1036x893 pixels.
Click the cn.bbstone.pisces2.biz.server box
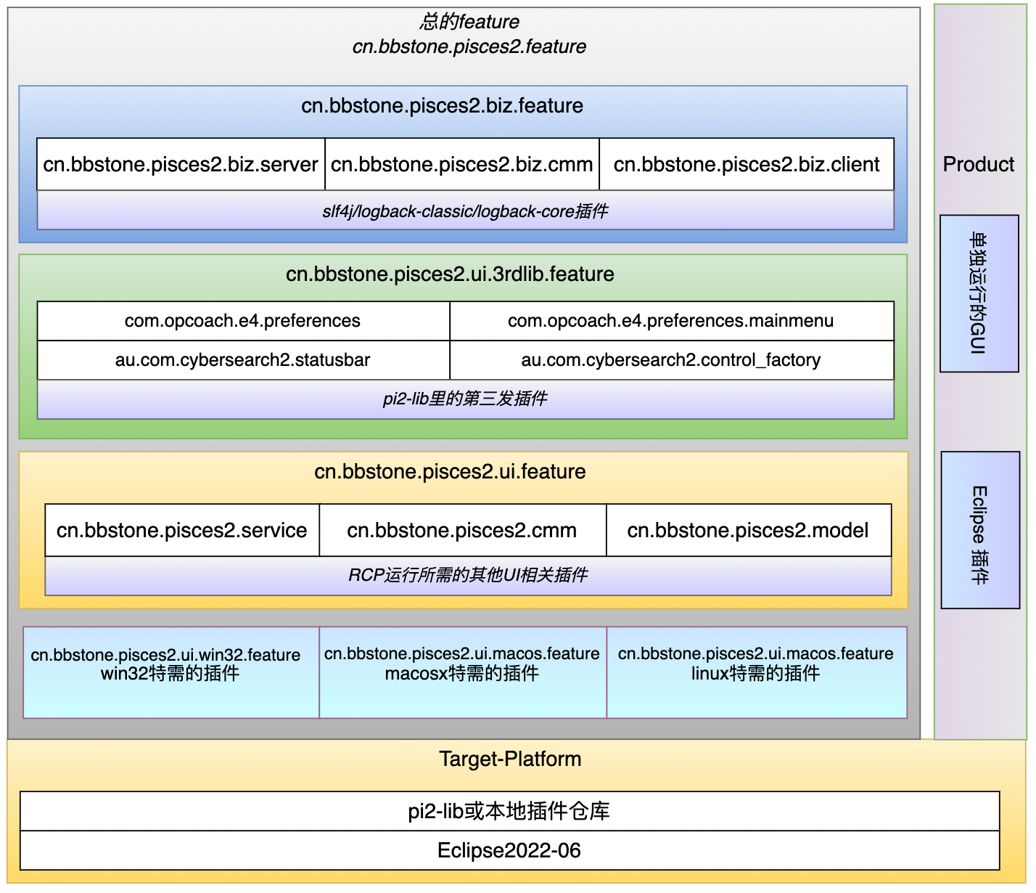(x=181, y=165)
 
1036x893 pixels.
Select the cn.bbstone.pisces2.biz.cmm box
(x=462, y=165)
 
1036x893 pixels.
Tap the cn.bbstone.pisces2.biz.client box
(x=747, y=165)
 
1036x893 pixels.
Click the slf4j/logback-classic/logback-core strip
(x=465, y=211)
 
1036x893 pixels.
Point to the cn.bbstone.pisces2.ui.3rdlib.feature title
(x=450, y=274)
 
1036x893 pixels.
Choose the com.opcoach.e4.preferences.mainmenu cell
(x=671, y=321)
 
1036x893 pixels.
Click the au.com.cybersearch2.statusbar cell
(x=243, y=360)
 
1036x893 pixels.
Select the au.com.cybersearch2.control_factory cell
(x=671, y=360)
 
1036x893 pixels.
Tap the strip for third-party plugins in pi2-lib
(x=465, y=399)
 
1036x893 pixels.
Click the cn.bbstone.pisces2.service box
(x=182, y=531)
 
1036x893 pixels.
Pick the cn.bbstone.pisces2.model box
(x=748, y=531)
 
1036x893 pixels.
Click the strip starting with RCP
(x=468, y=576)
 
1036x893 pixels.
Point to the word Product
(x=979, y=165)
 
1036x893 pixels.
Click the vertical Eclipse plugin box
(x=980, y=531)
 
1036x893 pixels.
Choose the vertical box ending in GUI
(x=979, y=293)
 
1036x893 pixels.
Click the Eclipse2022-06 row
(x=509, y=851)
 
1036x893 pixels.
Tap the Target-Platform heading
(x=510, y=759)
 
